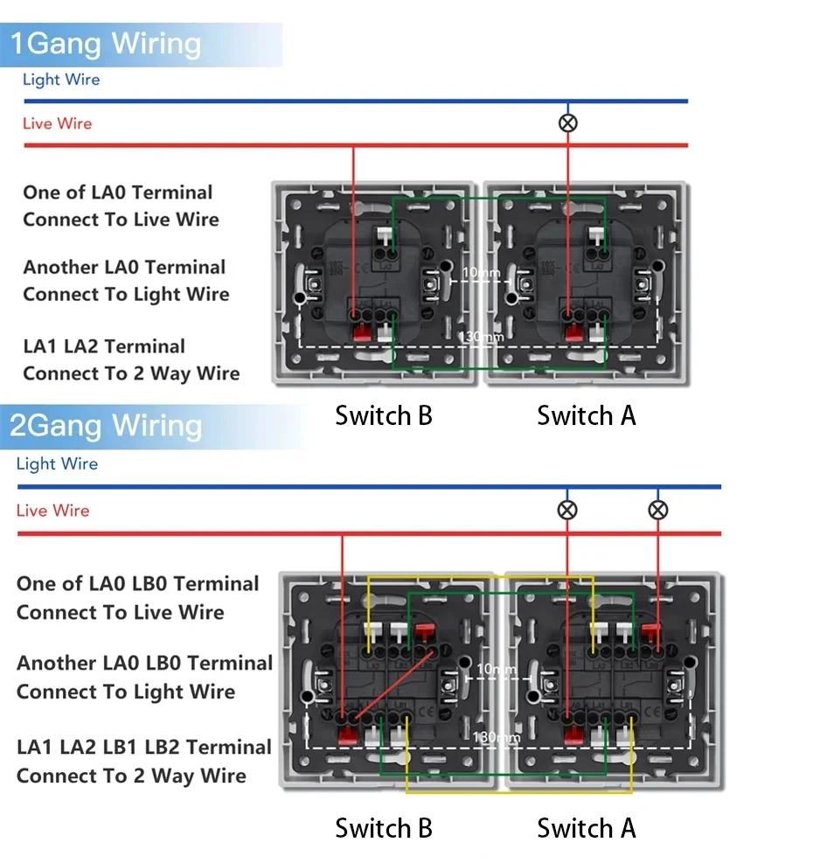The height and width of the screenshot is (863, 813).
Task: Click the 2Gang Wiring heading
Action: click(x=106, y=426)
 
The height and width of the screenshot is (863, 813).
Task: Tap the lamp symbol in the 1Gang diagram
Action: click(x=568, y=123)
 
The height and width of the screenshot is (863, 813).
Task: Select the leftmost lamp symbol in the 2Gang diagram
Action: click(x=567, y=510)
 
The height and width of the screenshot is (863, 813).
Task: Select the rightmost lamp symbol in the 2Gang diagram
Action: click(x=658, y=510)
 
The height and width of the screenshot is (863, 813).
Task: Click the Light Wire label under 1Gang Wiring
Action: click(x=61, y=80)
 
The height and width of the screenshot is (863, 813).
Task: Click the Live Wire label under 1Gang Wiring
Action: click(x=57, y=123)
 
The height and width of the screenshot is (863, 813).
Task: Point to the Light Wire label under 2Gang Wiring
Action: click(x=58, y=463)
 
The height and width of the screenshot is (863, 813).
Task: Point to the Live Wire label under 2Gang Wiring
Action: click(x=53, y=510)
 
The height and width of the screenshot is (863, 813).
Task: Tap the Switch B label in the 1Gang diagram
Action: click(x=384, y=415)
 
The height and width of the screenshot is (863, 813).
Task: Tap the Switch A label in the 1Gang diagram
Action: click(x=587, y=415)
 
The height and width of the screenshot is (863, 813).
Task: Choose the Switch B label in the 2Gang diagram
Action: click(x=384, y=827)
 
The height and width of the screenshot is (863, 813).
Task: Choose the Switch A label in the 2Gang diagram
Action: click(x=587, y=827)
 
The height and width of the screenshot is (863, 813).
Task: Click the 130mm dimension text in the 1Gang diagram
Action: click(x=482, y=337)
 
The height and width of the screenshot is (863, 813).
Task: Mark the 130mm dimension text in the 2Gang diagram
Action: click(x=496, y=737)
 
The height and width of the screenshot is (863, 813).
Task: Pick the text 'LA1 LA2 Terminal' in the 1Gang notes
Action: click(x=104, y=346)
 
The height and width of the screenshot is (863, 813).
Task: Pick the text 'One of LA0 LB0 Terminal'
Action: click(x=138, y=583)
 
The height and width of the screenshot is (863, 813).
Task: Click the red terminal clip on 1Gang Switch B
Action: click(x=358, y=332)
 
